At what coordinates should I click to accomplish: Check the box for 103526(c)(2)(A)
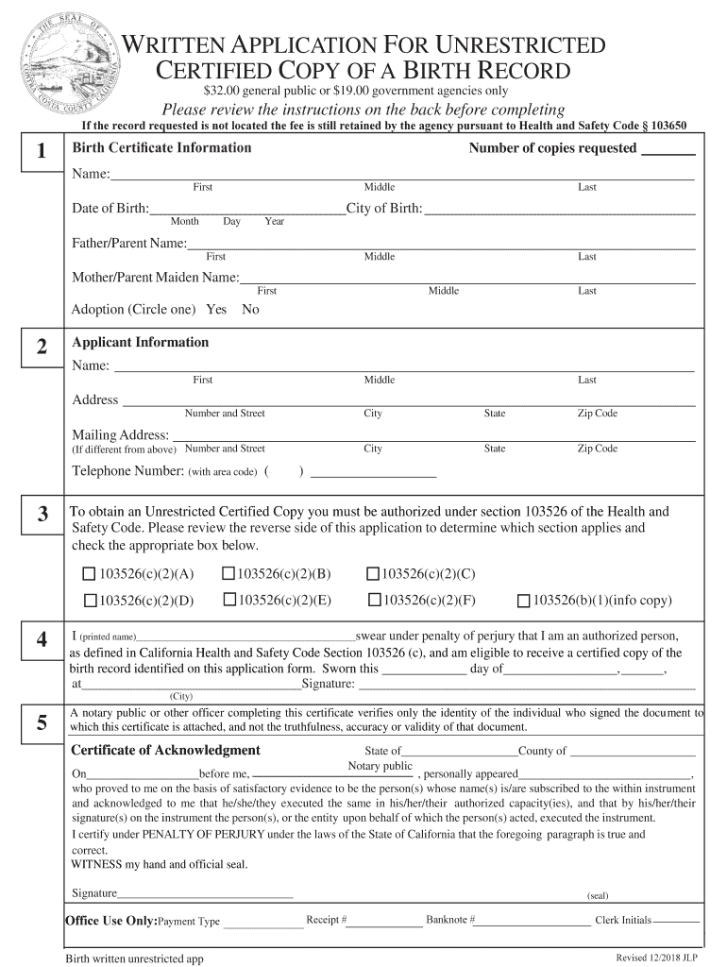coord(89,574)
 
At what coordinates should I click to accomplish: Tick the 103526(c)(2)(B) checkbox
coord(228,573)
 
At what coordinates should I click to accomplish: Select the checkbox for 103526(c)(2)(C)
coord(373,573)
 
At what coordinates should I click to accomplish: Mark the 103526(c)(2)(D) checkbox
coord(90,600)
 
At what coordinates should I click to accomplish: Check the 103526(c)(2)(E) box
coord(228,599)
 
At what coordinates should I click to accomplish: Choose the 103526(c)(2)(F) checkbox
coord(374,599)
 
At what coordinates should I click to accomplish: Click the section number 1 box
coord(41,152)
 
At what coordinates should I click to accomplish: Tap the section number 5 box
coord(41,724)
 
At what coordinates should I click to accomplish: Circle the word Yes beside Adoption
coord(216,310)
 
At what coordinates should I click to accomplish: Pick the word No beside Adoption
coord(250,310)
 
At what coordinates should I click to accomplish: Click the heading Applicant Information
coord(141,342)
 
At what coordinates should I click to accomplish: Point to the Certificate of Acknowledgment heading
coord(166,750)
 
